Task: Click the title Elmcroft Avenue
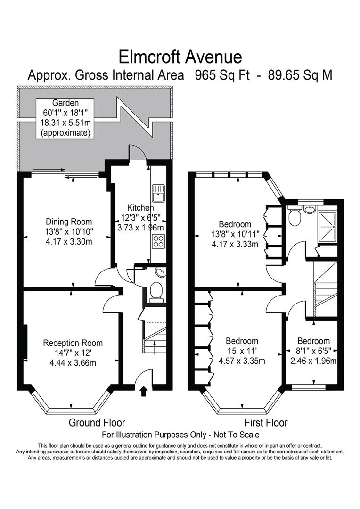click(x=180, y=57)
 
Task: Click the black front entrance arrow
click(x=144, y=390)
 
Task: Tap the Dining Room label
click(x=69, y=222)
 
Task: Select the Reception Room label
click(x=73, y=343)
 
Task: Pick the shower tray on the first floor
click(x=328, y=226)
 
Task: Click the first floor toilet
click(x=295, y=217)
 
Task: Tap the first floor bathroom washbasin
click(x=310, y=209)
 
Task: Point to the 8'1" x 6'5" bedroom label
click(x=313, y=341)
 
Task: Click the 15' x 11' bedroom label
click(x=242, y=341)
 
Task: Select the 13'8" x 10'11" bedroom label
click(x=235, y=224)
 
